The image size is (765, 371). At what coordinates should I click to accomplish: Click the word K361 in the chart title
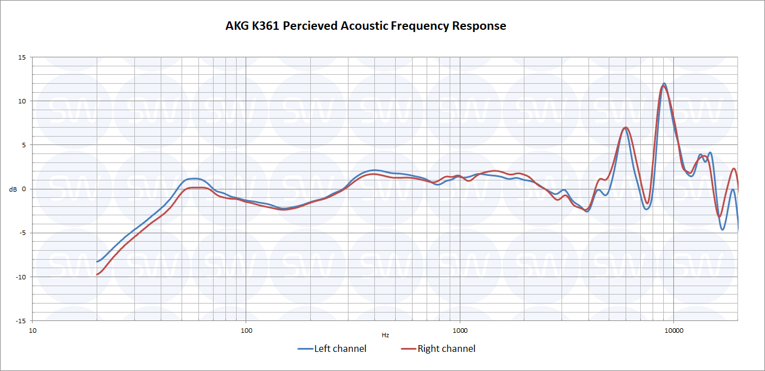(263, 26)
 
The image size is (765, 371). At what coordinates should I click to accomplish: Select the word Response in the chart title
(478, 26)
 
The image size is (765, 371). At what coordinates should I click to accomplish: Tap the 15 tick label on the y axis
(22, 57)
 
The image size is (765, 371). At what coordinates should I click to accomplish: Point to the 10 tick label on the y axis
(22, 101)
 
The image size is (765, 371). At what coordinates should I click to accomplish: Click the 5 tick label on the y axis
(24, 145)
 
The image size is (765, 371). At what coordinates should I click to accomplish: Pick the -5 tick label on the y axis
(22, 233)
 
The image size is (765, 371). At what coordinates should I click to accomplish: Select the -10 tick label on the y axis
(21, 277)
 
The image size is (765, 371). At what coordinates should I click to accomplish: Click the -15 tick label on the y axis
(21, 320)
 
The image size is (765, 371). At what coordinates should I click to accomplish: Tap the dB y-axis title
(13, 189)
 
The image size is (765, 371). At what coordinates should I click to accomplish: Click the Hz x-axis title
(385, 335)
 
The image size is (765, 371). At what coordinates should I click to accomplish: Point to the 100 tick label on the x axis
(246, 330)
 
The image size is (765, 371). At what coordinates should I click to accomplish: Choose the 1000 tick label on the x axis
(460, 330)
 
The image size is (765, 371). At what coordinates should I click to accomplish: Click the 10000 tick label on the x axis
(674, 330)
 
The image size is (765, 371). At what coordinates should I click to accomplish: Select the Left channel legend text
(340, 349)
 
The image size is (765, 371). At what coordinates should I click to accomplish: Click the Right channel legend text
(446, 349)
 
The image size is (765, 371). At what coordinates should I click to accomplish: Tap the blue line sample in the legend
(305, 349)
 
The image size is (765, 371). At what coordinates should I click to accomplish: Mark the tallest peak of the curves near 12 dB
(664, 84)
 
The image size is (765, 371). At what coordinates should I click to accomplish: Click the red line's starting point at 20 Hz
(97, 274)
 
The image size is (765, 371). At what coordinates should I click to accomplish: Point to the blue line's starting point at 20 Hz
(97, 261)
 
